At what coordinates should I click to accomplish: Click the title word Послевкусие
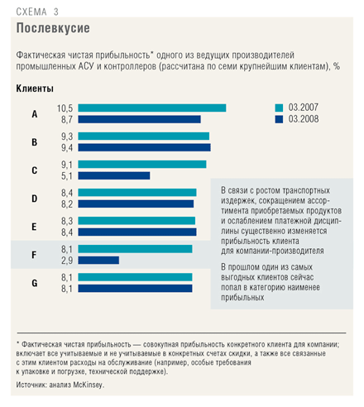[x=53, y=28]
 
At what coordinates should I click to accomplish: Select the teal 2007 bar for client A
[x=152, y=108]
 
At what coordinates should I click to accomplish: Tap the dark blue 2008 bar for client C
[x=114, y=175]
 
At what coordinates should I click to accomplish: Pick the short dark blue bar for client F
[x=98, y=260]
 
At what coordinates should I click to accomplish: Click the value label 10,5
[x=65, y=108]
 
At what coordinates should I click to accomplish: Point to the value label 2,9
[x=67, y=261]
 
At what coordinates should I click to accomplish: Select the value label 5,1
[x=67, y=176]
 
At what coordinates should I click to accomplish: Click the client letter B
[x=35, y=142]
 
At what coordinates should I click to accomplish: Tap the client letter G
[x=35, y=283]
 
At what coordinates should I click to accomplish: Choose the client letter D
[x=35, y=199]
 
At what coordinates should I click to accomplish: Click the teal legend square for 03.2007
[x=279, y=108]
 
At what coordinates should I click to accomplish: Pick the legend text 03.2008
[x=304, y=119]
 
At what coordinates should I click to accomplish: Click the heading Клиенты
[x=35, y=89]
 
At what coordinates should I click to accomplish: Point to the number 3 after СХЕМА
[x=56, y=12]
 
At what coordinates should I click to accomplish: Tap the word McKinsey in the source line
[x=88, y=385]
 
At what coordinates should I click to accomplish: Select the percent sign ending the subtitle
[x=337, y=66]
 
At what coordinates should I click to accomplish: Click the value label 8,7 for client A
[x=67, y=120]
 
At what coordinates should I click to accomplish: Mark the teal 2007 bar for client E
[x=136, y=221]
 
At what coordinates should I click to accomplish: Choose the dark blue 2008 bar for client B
[x=144, y=147]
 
